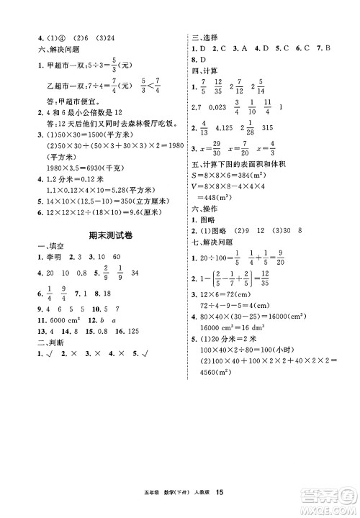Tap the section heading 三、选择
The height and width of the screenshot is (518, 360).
(x=204, y=36)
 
